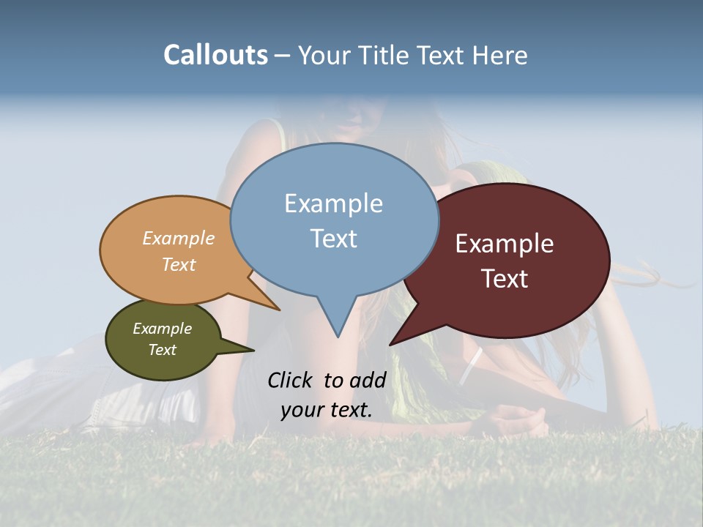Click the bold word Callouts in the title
point(215,55)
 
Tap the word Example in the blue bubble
point(333,203)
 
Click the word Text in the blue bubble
point(334,239)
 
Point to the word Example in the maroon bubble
point(505,244)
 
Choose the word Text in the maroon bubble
point(505,279)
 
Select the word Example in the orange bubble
point(178,238)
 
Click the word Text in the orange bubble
point(179,264)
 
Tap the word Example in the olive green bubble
point(162,329)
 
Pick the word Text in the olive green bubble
point(162,350)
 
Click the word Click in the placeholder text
point(291,380)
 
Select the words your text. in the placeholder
point(327,410)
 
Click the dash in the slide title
point(283,55)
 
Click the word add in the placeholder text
point(368,380)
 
